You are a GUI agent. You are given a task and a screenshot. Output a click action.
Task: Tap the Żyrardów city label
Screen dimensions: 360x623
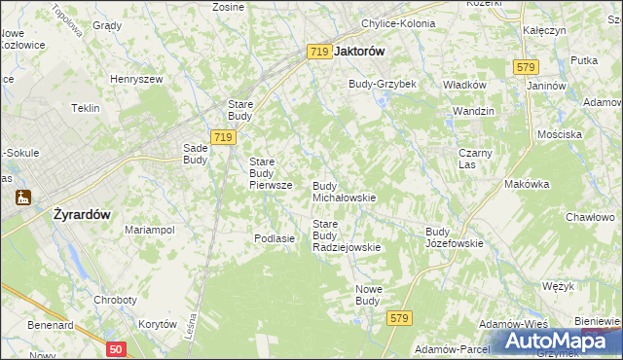point(81,216)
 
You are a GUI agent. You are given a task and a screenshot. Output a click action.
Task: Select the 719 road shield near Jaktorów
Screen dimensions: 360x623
point(319,52)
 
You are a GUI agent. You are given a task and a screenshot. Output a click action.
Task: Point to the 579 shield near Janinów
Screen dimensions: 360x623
point(526,66)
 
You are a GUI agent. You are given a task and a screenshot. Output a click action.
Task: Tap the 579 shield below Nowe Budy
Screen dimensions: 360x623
point(398,318)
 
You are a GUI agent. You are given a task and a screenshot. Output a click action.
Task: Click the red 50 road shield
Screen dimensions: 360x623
point(116,348)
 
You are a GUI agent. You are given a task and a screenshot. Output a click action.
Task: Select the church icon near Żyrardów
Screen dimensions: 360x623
point(22,197)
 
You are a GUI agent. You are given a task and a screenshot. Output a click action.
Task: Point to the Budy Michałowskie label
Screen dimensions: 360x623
point(344,191)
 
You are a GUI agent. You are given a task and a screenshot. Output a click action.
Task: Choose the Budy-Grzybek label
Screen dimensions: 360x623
point(383,84)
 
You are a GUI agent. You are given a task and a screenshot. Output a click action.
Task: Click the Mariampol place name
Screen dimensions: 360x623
point(149,230)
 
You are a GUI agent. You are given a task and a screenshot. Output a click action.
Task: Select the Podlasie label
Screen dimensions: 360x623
point(274,238)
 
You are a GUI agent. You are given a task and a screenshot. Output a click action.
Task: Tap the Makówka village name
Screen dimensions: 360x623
point(527,184)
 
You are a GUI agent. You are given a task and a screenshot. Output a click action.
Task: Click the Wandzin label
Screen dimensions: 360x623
point(474,111)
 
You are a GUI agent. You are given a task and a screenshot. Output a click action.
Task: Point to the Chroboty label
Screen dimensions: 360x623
point(115,300)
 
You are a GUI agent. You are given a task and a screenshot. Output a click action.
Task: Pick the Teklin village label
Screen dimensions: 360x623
point(85,108)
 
